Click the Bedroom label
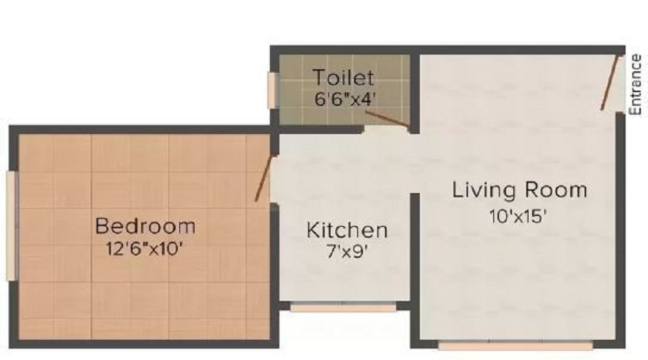[x=145, y=226]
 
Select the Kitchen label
[x=347, y=231]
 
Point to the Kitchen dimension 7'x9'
[x=347, y=253]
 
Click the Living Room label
[x=519, y=190]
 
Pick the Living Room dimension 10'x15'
[x=519, y=214]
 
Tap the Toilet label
[x=343, y=77]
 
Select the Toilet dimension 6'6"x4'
[x=343, y=99]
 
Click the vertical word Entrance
[x=635, y=85]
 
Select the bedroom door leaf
[x=264, y=177]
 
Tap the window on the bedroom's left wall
[x=10, y=225]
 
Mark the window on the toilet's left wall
[x=273, y=90]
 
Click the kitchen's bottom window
[x=343, y=307]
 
